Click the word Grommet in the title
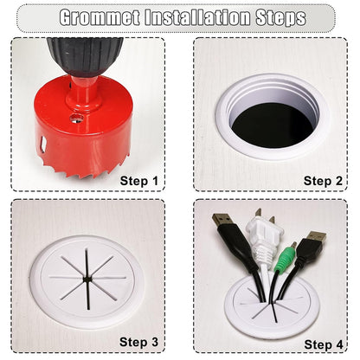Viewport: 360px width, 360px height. click(100, 17)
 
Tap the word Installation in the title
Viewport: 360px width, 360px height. click(197, 17)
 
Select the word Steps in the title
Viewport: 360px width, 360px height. click(280, 18)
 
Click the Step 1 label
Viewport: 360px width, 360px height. click(139, 181)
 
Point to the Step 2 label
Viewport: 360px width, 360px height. click(323, 181)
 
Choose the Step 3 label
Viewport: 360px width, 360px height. click(139, 342)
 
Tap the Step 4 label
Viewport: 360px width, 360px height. click(324, 344)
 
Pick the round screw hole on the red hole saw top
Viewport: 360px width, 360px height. click(76, 119)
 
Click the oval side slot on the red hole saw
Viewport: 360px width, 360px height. click(43, 145)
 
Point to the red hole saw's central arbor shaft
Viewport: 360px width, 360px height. click(84, 93)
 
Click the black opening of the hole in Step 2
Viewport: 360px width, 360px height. click(273, 125)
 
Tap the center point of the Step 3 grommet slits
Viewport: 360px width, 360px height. click(87, 279)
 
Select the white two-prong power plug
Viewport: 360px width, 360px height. click(260, 237)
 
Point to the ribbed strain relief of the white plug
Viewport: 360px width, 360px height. click(263, 254)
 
